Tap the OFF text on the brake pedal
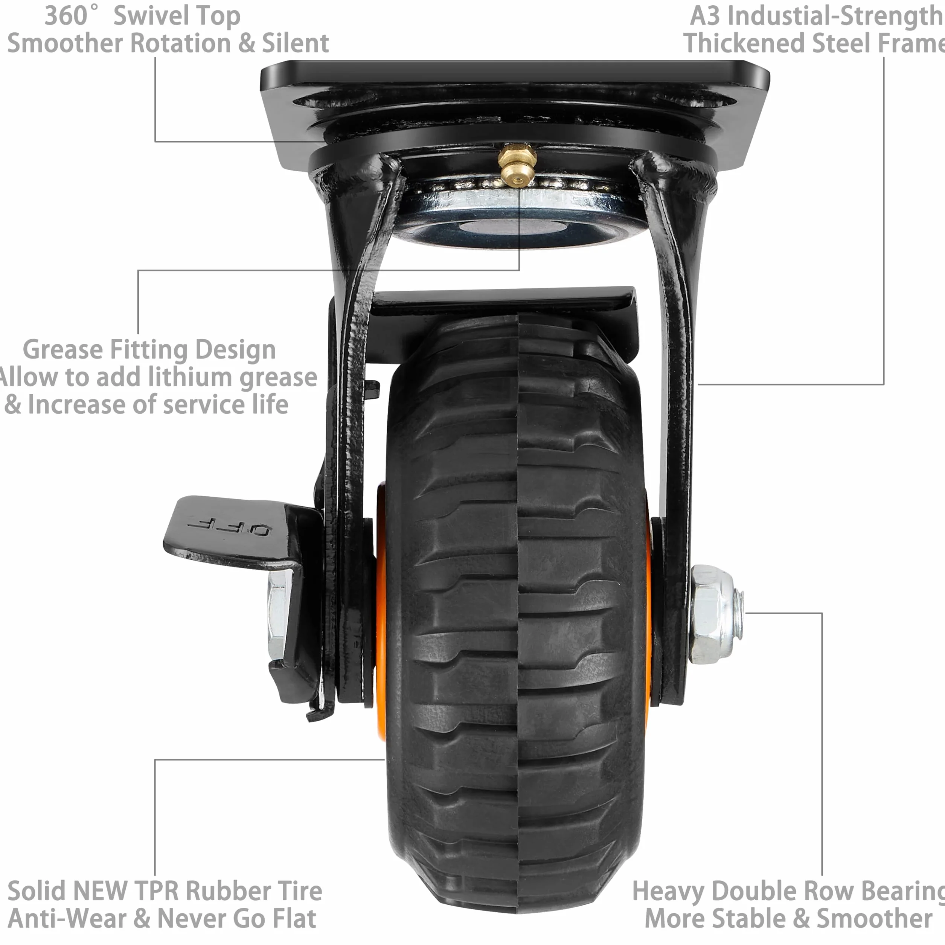[x=227, y=528]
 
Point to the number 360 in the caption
[x=66, y=16]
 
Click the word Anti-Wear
[x=67, y=918]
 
